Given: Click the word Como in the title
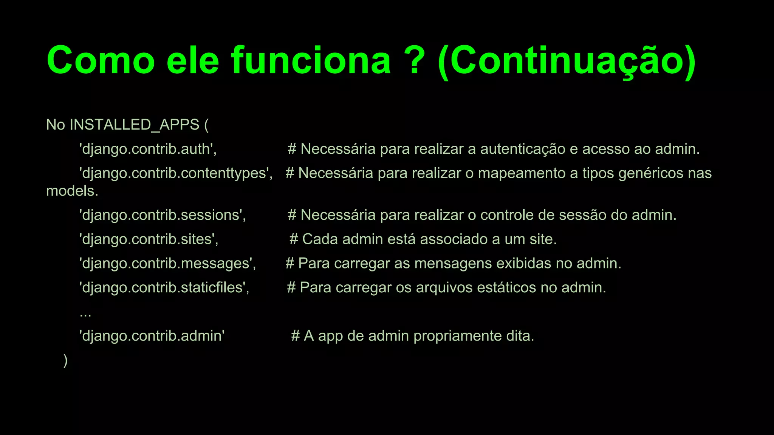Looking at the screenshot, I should point(101,60).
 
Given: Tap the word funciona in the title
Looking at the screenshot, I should point(311,60).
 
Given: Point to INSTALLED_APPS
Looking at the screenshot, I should point(134,125).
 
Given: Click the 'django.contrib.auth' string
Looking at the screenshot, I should point(147,149).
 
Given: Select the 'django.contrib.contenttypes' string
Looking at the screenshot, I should point(176,173).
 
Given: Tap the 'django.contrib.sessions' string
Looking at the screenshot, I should point(163,215).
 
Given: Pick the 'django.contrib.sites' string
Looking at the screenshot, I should point(149,239).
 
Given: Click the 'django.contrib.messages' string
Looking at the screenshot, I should point(167,264).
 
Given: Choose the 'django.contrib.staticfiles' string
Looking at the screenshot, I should point(164,288).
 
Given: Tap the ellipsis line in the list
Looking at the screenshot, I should point(85,313).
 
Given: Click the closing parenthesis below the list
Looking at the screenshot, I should point(66,360).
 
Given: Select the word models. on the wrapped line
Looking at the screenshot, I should point(72,191).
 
